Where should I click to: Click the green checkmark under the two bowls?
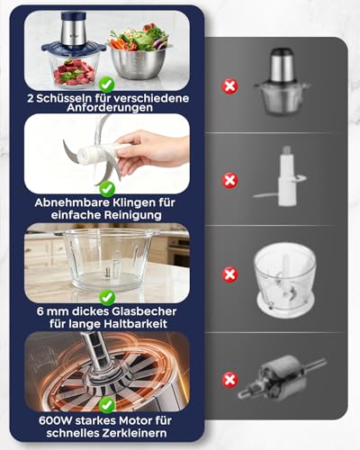point(107,84)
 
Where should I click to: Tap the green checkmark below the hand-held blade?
point(107,189)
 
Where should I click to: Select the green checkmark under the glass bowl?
point(107,296)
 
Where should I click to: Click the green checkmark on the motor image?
point(107,406)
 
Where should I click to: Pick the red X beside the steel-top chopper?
point(230,87)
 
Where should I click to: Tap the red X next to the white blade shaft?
point(230,180)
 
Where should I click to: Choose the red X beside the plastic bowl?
point(230,274)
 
